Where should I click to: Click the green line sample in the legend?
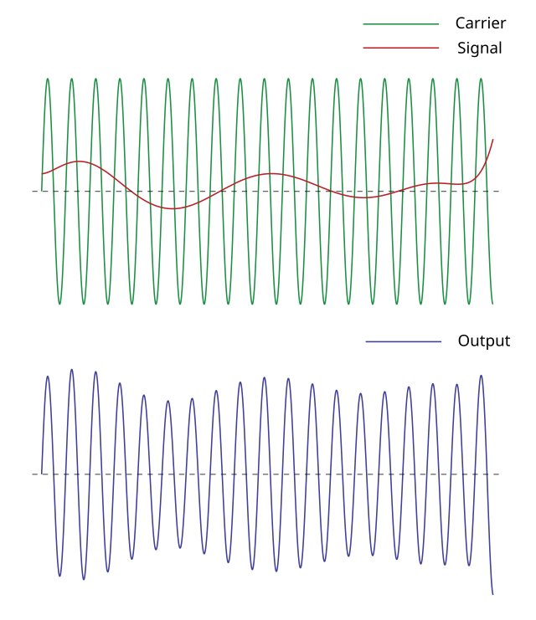coord(401,24)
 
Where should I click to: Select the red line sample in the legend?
coord(401,48)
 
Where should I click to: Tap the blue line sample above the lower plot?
coord(403,341)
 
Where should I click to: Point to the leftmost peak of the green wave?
coord(48,79)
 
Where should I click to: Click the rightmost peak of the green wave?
coord(482,79)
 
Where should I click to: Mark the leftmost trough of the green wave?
coord(59,304)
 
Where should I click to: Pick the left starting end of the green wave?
coord(42,191)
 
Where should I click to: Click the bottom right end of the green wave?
coord(492,304)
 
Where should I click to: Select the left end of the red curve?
coord(42,175)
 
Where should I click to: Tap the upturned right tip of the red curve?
coord(492,140)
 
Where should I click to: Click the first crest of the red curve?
coord(79,161)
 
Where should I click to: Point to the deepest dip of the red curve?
coord(173,208)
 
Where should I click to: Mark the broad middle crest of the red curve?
coord(271,173)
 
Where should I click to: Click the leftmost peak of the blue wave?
coord(48,376)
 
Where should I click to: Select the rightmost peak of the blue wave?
coord(482,375)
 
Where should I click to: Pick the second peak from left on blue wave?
coord(72,369)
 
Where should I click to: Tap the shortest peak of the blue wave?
coord(168,401)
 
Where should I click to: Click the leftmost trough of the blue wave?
coord(59,576)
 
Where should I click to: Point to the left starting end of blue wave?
coord(42,474)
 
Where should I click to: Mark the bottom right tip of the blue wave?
coord(492,595)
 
